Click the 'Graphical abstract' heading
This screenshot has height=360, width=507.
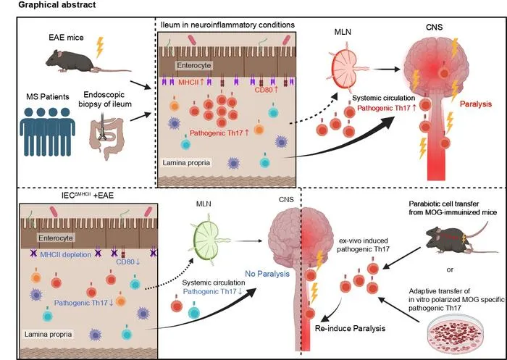tap(57, 5)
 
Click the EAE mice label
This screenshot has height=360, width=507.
tap(66, 37)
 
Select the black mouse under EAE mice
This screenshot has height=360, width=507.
tap(88, 61)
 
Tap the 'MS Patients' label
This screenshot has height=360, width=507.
tap(48, 96)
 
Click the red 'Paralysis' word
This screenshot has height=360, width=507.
tap(476, 104)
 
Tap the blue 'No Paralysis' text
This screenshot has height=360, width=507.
tap(267, 274)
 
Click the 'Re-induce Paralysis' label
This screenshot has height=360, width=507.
tap(350, 328)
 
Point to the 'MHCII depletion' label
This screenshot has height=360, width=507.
tap(66, 254)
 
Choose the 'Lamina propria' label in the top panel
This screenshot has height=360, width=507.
tap(186, 162)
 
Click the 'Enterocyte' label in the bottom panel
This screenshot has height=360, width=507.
tap(56, 238)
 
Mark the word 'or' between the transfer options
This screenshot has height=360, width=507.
tap(450, 269)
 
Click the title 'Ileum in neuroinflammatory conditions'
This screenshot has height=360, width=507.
tap(227, 25)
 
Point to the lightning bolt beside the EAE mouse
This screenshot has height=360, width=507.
tap(100, 47)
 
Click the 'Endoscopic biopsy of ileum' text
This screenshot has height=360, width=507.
tap(105, 99)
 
